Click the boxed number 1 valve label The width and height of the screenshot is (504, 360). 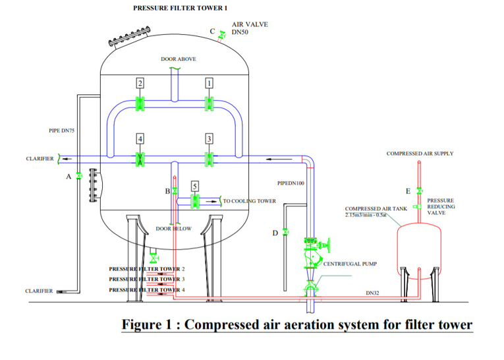209,83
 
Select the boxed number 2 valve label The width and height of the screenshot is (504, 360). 140,83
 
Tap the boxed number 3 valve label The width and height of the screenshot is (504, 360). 209,138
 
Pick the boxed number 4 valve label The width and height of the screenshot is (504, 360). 140,138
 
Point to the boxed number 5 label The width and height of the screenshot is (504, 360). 194,187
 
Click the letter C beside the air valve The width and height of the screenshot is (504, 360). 212,31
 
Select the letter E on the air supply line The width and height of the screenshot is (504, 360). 408,191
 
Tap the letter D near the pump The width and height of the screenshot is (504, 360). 275,232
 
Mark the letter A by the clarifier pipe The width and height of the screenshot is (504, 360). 69,177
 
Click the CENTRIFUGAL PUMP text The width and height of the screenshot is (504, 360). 350,264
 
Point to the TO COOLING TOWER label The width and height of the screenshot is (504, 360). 249,201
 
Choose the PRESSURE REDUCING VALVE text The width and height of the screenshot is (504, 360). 440,206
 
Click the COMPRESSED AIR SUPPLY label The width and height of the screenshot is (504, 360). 420,154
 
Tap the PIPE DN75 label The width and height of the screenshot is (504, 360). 62,131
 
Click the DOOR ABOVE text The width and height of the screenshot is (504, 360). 178,59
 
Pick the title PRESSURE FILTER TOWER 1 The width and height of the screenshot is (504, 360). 171,7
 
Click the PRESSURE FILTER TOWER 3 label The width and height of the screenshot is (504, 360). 147,279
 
